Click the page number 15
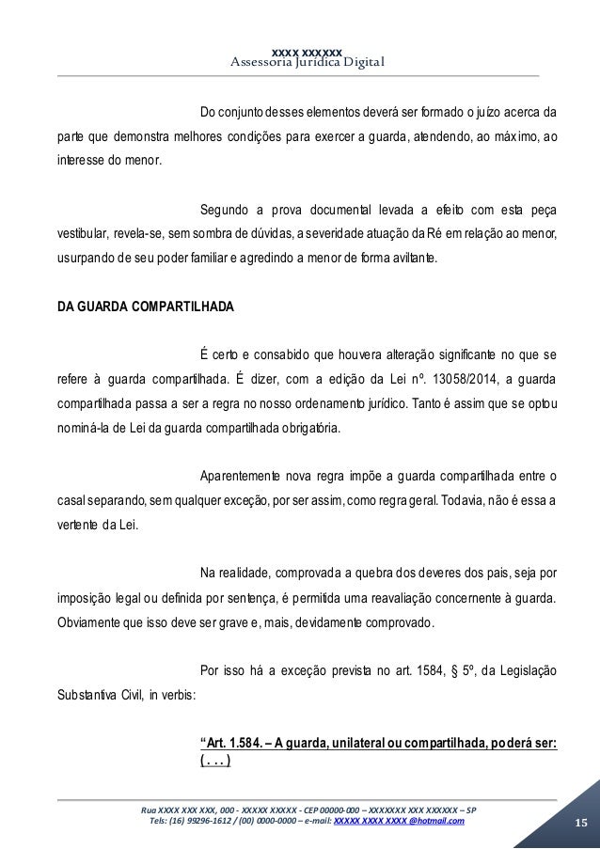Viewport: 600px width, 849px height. click(580, 825)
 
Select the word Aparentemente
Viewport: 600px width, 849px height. click(244, 473)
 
